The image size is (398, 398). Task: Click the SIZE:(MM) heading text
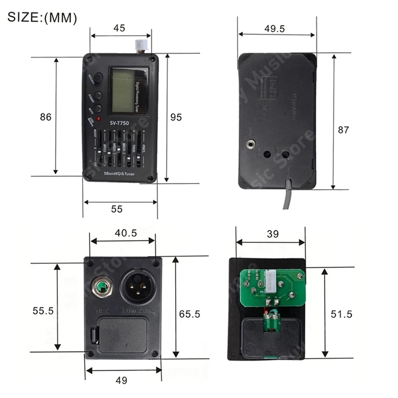tap(43, 18)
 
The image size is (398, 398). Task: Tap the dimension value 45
tap(119, 28)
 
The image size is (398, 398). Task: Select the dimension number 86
tap(46, 117)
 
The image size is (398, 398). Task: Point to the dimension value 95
tap(176, 117)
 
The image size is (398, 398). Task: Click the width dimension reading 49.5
tap(275, 29)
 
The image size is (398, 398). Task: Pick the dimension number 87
tap(343, 130)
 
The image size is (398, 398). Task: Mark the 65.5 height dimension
tap(189, 314)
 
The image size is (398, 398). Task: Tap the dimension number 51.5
tap(341, 314)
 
